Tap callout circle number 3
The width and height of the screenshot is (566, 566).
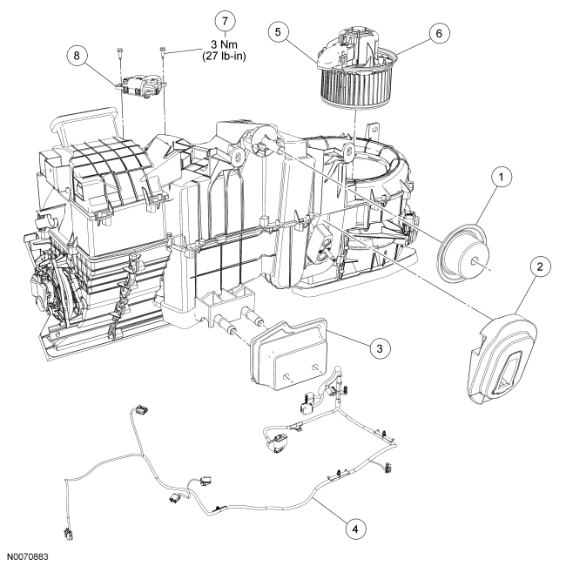pos(378,347)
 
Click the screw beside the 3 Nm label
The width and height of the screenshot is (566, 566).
pos(162,51)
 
